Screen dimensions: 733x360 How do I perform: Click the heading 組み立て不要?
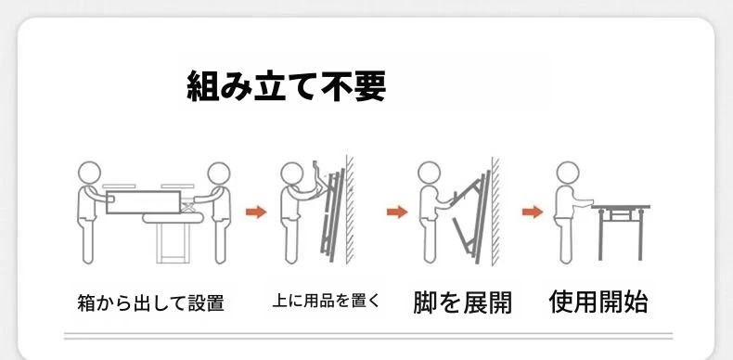click(x=286, y=86)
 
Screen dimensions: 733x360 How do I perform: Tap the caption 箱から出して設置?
click(x=150, y=302)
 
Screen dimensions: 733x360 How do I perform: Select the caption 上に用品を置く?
click(x=327, y=301)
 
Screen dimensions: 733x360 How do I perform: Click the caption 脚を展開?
click(x=462, y=302)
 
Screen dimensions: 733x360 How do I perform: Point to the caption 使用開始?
click(x=598, y=302)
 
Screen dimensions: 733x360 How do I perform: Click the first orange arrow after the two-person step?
click(x=256, y=212)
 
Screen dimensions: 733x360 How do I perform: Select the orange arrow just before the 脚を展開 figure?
click(x=397, y=212)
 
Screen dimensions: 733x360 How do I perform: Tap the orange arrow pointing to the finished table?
click(x=533, y=212)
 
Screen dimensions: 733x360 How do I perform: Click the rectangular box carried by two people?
click(x=144, y=202)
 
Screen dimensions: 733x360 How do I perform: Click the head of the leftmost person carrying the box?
click(x=89, y=173)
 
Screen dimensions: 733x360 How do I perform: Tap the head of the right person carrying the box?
click(x=219, y=174)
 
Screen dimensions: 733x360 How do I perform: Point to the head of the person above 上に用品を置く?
click(x=292, y=174)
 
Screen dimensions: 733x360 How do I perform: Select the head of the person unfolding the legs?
click(x=430, y=173)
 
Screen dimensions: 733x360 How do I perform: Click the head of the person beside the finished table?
click(x=568, y=173)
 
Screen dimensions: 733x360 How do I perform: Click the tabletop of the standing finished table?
click(x=622, y=207)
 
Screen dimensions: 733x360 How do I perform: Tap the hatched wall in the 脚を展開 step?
click(x=495, y=211)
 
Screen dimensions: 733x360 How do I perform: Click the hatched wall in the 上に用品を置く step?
click(x=350, y=209)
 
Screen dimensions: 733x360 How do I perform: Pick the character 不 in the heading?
click(x=338, y=86)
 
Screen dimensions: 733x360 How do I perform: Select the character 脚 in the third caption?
click(x=424, y=302)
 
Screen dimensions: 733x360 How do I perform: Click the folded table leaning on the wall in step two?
click(x=332, y=215)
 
